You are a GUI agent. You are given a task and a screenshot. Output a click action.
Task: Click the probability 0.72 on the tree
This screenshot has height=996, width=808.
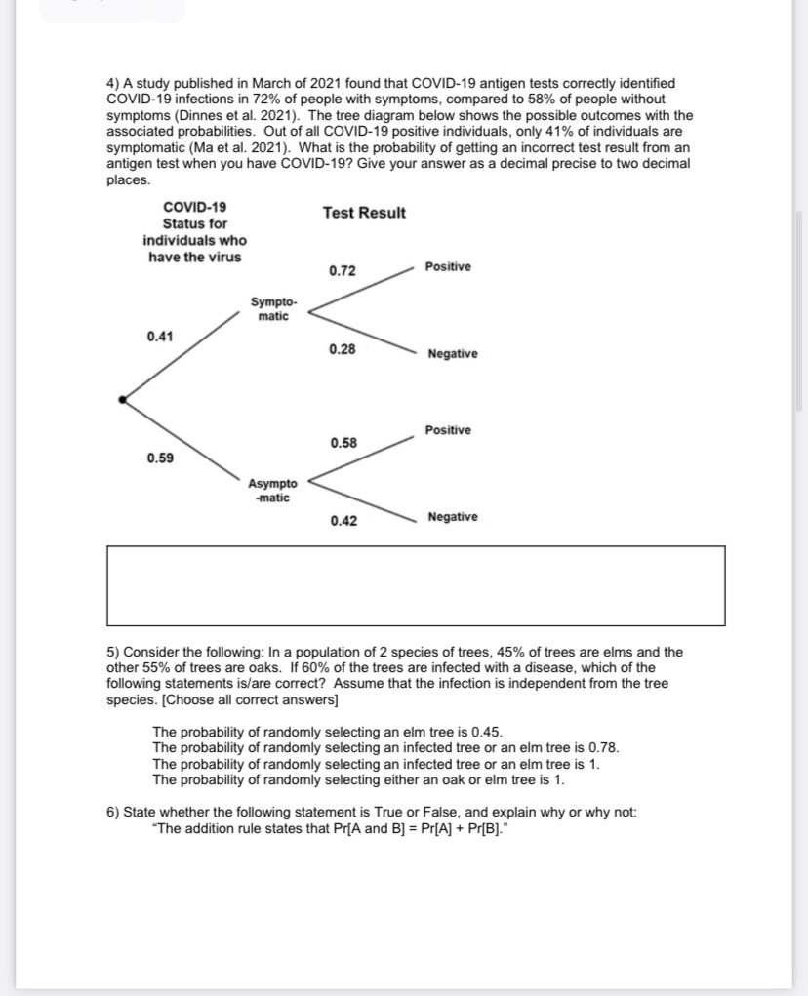(343, 270)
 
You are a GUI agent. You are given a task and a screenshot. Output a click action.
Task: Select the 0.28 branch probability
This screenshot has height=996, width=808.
(343, 349)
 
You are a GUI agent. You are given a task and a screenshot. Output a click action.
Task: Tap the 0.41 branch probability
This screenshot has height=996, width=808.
(161, 337)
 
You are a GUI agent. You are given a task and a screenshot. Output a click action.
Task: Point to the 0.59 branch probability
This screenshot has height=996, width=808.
(161, 458)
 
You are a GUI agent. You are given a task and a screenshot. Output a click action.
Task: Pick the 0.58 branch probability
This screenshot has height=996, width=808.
(343, 443)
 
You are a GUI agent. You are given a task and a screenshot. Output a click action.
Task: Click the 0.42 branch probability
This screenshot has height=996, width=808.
(343, 521)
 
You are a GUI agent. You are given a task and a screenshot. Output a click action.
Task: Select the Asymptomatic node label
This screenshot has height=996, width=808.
(273, 490)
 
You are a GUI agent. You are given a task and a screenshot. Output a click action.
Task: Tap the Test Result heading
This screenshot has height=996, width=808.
(364, 213)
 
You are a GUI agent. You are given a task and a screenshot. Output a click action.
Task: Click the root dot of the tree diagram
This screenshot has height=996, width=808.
(121, 399)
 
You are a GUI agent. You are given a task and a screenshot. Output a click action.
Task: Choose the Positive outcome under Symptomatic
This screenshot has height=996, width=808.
(448, 266)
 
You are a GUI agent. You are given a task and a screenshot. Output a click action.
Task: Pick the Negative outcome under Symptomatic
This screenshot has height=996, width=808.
(453, 353)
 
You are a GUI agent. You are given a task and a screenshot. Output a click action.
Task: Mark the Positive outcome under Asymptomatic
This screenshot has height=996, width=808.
(448, 430)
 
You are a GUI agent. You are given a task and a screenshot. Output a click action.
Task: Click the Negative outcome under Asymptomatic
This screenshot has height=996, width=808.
(453, 517)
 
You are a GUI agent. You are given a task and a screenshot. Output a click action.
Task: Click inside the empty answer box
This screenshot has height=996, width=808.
(416, 585)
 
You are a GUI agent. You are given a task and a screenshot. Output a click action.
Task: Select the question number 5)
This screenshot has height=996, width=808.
(113, 652)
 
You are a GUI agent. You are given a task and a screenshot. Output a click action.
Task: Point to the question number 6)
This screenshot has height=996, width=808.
(113, 812)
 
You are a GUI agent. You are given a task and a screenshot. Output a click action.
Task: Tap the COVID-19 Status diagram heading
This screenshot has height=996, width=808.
(195, 232)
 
